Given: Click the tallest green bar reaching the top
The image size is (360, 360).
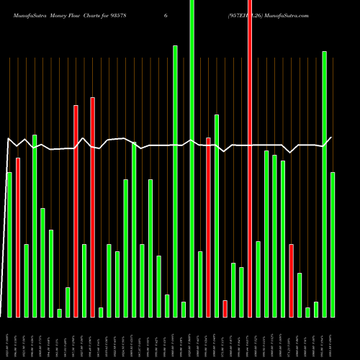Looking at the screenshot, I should point(192,158).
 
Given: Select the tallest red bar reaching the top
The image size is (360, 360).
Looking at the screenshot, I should point(250,158).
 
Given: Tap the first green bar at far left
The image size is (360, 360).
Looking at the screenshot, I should point(9,245).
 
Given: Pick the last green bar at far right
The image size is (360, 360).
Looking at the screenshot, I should point(333,245).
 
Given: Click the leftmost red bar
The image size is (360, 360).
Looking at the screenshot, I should point(18,238).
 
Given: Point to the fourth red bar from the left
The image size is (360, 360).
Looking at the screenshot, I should point(208,227).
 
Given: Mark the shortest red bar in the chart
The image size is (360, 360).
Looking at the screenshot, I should point(225,308).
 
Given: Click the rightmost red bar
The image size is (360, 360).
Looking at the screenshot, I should point(291,281).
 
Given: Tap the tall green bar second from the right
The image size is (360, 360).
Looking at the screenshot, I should point(324,184).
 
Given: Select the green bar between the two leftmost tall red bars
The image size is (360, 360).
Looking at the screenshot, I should point(84,281).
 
